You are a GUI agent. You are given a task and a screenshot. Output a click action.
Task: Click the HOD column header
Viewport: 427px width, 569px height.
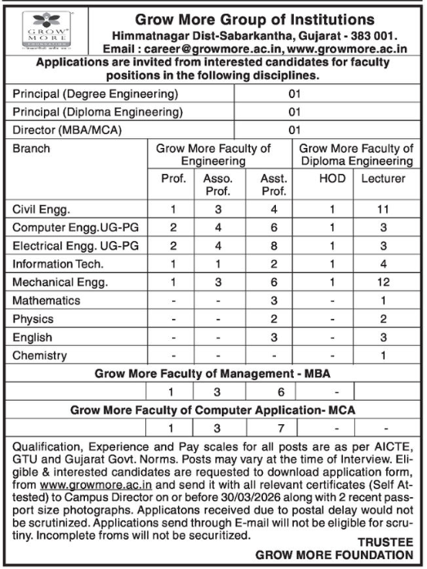coord(331,179)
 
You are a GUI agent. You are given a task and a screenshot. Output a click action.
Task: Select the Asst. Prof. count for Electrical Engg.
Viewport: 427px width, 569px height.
coord(272,245)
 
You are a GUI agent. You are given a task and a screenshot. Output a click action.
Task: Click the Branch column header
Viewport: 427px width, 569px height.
coord(32,149)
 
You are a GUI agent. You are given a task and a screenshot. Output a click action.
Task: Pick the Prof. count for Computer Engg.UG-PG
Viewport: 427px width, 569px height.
coord(173,227)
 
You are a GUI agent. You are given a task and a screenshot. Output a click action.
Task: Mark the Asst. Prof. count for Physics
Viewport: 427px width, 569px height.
coord(272,319)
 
